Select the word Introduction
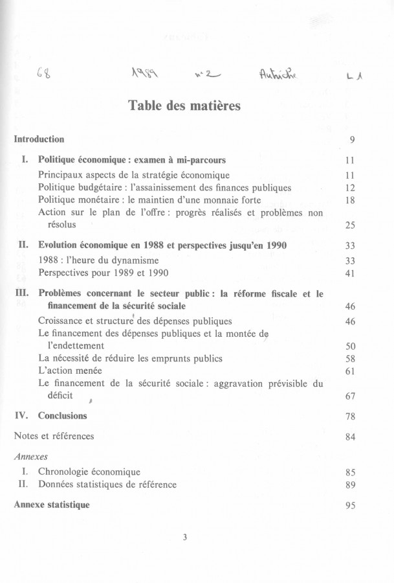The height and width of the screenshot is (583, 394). [39, 139]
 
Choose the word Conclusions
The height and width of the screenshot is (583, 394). [62, 415]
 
